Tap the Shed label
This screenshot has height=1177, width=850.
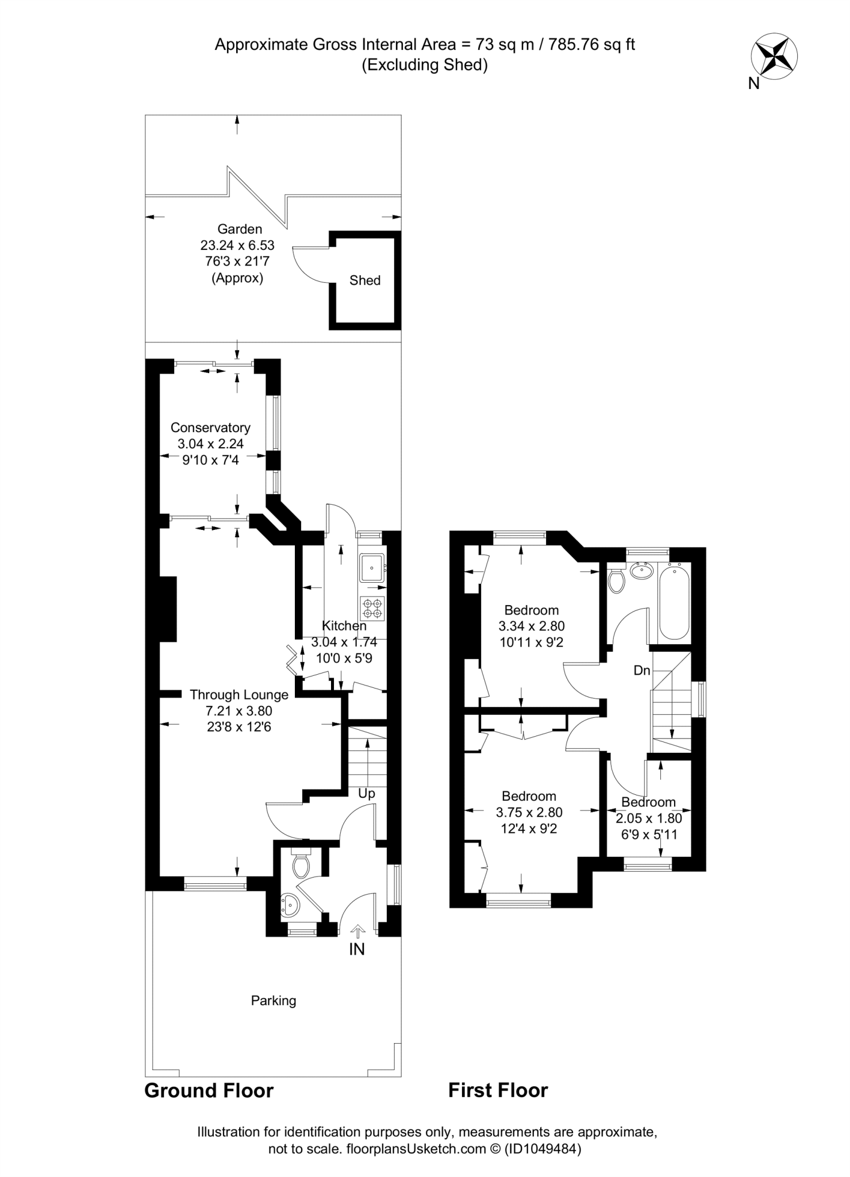[x=365, y=280]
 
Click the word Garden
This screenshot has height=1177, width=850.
[x=240, y=229]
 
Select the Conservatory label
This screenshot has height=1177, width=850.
[x=210, y=428]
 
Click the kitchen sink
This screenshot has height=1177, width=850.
[x=372, y=568]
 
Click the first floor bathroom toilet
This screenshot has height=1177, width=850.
[x=616, y=580]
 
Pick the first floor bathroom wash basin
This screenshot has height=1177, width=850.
[x=641, y=570]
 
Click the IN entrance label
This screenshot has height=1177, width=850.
[x=357, y=949]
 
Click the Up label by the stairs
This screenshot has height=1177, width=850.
[x=367, y=794]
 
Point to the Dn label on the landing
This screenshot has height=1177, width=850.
[x=642, y=670]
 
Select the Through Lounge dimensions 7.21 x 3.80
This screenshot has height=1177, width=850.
[x=239, y=711]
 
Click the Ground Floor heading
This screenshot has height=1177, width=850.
[x=209, y=1091]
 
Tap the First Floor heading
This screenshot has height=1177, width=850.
[x=498, y=1091]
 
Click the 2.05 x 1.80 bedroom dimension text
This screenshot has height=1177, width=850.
[x=649, y=818]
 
